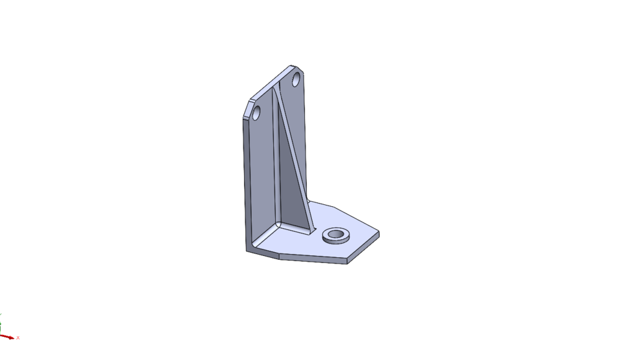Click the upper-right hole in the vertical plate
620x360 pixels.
click(296, 81)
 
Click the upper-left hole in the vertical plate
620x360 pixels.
click(256, 114)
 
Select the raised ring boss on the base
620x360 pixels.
click(336, 238)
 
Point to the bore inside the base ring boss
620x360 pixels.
click(336, 234)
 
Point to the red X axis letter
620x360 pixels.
click(18, 338)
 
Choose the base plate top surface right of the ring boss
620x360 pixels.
click(362, 236)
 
